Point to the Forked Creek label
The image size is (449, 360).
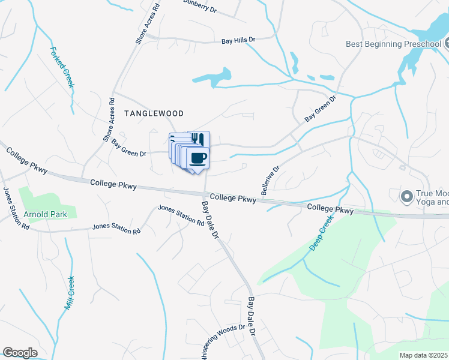pos(62,67)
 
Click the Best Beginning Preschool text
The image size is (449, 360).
pos(393,44)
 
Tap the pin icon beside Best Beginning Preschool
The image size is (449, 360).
pos(447,43)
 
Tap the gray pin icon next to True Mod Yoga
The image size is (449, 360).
pos(406,196)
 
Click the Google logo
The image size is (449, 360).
pos(20,353)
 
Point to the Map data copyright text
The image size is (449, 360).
pos(424,355)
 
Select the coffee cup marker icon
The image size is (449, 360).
pos(197,158)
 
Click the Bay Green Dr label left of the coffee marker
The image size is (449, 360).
pos(129,149)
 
